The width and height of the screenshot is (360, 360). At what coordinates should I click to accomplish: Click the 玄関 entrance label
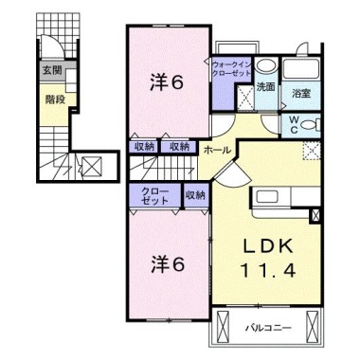pyautogui.click(x=52, y=70)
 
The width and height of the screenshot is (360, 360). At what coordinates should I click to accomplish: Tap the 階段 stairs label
pyautogui.click(x=55, y=99)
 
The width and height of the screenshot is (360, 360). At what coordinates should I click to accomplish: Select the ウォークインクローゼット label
pyautogui.click(x=232, y=69)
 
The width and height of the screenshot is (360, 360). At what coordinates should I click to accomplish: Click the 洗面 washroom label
pyautogui.click(x=265, y=87)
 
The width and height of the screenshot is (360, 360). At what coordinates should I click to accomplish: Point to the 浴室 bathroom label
pyautogui.click(x=301, y=93)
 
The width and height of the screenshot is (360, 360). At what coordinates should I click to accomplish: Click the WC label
pyautogui.click(x=294, y=125)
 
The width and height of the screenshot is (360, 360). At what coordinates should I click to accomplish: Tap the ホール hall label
pyautogui.click(x=217, y=151)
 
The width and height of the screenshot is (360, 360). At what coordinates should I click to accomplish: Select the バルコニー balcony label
pyautogui.click(x=268, y=328)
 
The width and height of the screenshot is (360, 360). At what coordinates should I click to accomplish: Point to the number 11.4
pyautogui.click(x=268, y=270)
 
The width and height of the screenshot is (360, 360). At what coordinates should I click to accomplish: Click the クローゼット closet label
pyautogui.click(x=154, y=196)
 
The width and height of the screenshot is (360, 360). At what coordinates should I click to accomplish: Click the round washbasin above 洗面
pyautogui.click(x=266, y=66)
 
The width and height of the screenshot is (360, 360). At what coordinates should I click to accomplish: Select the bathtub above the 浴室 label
pyautogui.click(x=301, y=68)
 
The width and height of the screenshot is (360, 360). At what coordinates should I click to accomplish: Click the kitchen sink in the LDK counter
pyautogui.click(x=267, y=197)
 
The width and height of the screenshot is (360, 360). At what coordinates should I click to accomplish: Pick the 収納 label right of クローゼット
pyautogui.click(x=195, y=195)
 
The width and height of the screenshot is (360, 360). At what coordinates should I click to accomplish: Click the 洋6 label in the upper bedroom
pyautogui.click(x=167, y=82)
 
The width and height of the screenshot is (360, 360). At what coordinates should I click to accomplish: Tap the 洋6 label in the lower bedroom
pyautogui.click(x=167, y=264)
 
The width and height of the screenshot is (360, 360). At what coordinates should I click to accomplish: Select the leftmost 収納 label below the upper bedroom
pyautogui.click(x=145, y=147)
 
